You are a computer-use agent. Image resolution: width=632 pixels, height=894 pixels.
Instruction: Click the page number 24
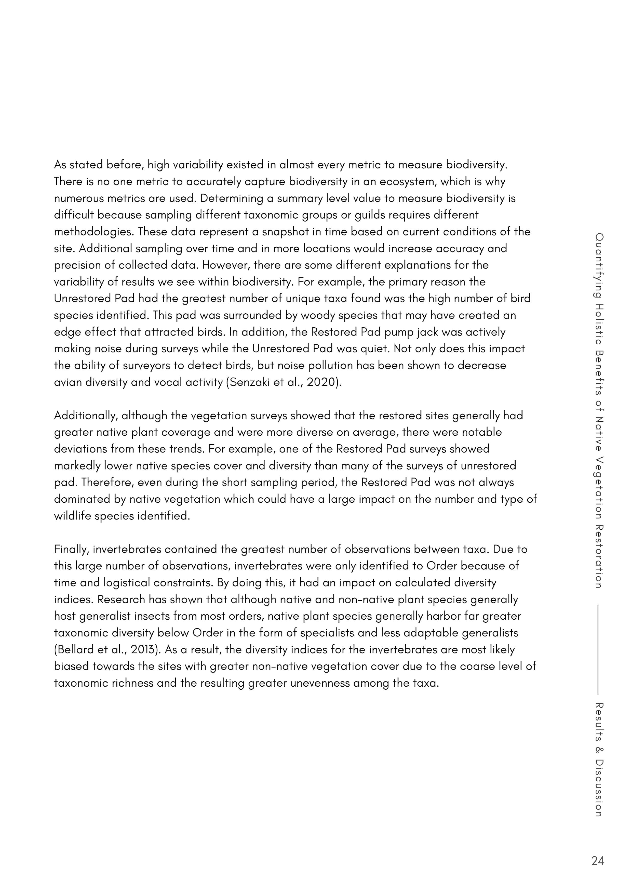tap(597, 861)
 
